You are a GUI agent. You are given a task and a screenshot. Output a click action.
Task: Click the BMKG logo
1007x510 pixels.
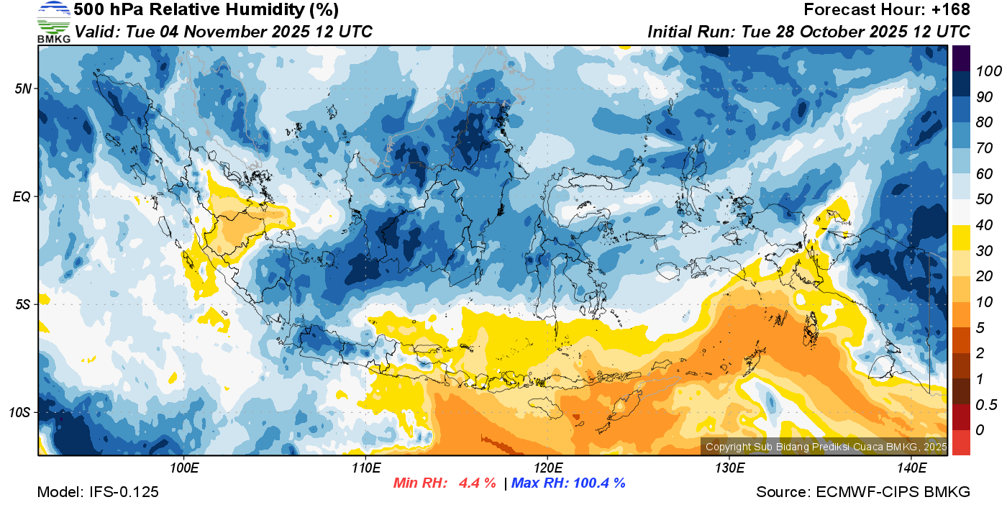(x=54, y=22)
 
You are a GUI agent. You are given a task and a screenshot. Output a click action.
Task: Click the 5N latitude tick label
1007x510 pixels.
(x=24, y=88)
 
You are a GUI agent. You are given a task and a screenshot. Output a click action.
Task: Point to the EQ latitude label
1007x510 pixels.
(x=23, y=196)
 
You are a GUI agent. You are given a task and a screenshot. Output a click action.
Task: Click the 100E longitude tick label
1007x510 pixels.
(x=184, y=468)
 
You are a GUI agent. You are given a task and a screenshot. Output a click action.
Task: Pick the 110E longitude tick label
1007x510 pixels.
(x=365, y=468)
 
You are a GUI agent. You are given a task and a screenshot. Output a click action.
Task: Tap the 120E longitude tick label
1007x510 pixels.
(x=547, y=468)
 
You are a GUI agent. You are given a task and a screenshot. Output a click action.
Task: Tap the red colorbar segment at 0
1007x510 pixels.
(x=961, y=442)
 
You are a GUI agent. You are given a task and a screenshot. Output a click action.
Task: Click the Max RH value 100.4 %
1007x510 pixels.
(x=596, y=483)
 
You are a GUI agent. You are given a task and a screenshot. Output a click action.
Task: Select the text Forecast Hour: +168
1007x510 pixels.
(x=887, y=10)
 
